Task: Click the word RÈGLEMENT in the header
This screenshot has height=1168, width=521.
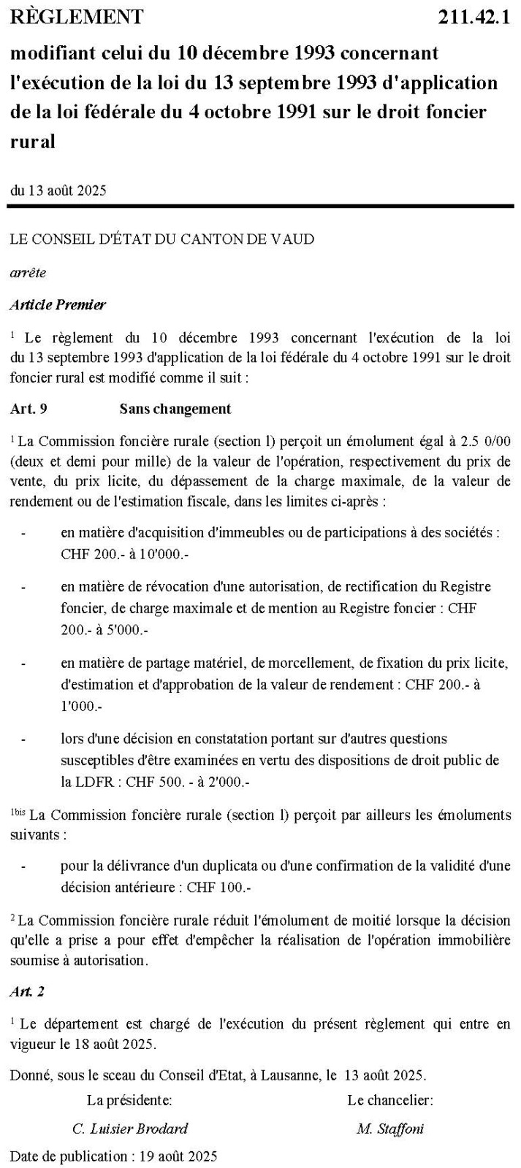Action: pos(77,16)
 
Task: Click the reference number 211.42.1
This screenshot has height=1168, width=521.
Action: pos(474,17)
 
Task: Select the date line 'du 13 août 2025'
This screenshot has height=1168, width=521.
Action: pos(58,191)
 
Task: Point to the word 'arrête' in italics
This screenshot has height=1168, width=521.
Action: pos(28,272)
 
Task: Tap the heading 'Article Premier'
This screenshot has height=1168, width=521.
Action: pos(58,304)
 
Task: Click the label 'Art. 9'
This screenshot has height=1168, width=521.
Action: pos(28,409)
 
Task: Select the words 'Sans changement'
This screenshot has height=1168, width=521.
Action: pos(175,409)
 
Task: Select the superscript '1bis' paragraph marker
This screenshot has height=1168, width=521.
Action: pos(17,811)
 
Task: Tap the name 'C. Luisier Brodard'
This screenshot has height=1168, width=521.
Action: pos(130,1128)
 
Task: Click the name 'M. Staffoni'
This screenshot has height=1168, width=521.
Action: pos(390,1128)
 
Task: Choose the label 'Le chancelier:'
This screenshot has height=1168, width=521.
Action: pos(390,1099)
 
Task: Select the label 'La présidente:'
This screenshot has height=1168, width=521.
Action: pos(129,1099)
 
